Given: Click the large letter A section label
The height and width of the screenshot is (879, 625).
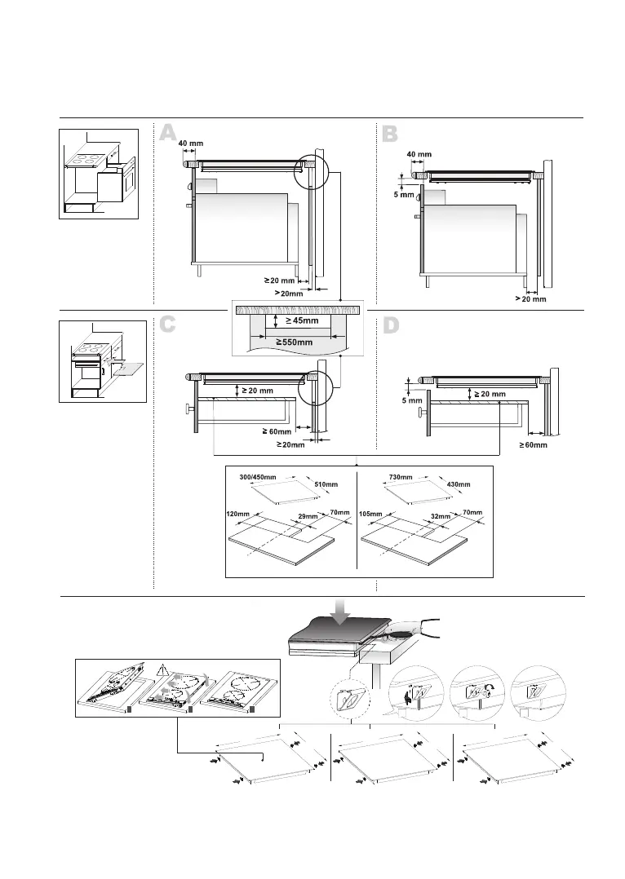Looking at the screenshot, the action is pyautogui.click(x=168, y=134).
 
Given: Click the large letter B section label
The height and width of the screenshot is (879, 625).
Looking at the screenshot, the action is pyautogui.click(x=390, y=134).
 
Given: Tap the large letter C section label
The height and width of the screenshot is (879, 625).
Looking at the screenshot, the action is pyautogui.click(x=168, y=325).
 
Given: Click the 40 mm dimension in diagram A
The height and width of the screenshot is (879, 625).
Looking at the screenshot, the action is pyautogui.click(x=191, y=144).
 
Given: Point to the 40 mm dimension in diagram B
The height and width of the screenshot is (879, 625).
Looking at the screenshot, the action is pyautogui.click(x=419, y=154).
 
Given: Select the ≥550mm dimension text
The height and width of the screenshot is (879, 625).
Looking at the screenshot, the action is pyautogui.click(x=295, y=342).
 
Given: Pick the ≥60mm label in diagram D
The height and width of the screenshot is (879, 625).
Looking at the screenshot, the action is pyautogui.click(x=533, y=445).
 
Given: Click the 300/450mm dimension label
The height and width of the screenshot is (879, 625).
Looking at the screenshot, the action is pyautogui.click(x=259, y=476).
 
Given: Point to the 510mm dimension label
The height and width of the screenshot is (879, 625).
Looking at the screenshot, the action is pyautogui.click(x=326, y=484).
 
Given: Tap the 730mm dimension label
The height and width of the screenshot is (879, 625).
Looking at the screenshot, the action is pyautogui.click(x=400, y=476).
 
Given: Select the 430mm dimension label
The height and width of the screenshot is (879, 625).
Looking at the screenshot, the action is pyautogui.click(x=459, y=484).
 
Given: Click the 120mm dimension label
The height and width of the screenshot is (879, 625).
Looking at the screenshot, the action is pyautogui.click(x=237, y=515).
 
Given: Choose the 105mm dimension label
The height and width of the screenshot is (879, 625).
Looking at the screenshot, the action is pyautogui.click(x=371, y=515).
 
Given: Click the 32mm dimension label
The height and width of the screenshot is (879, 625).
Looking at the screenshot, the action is pyautogui.click(x=441, y=517).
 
